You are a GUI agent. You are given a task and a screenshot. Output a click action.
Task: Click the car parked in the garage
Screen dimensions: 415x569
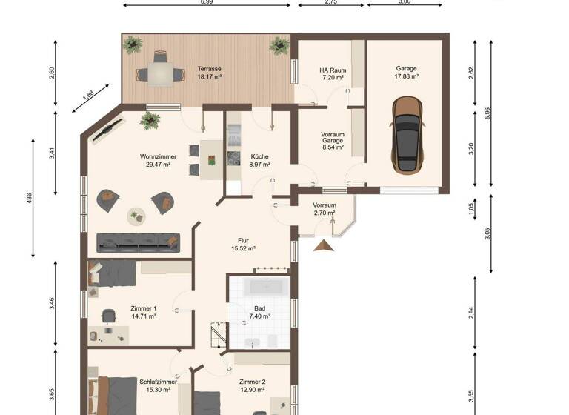tap(406, 136)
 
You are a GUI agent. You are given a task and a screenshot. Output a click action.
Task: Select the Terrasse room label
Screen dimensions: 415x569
tap(209, 68)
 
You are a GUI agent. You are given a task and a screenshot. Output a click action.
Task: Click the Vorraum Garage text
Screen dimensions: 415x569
tap(333, 140)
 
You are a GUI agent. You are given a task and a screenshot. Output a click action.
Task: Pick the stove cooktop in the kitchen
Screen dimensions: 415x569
tap(234, 158)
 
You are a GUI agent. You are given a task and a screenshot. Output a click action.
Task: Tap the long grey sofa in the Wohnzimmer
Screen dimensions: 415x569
tap(139, 242)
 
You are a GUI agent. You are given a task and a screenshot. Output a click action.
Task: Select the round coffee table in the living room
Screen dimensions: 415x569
tap(136, 216)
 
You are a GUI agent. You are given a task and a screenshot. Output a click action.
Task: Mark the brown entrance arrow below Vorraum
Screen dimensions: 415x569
tap(322, 245)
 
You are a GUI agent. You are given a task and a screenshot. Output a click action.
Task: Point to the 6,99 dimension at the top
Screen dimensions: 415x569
tap(207, 3)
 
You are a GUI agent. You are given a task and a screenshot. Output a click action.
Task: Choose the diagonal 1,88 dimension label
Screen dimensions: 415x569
tap(87, 94)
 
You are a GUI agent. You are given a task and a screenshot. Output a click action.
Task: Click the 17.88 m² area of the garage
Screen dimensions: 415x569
tap(406, 76)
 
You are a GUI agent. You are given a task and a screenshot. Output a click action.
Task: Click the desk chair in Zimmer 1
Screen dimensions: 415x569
tap(108, 316)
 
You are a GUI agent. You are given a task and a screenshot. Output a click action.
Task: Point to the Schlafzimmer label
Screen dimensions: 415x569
tap(156, 382)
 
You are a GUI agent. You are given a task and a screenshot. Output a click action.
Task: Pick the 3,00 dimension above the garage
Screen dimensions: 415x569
tap(404, 3)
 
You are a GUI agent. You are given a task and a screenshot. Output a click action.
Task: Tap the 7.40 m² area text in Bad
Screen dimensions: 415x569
tap(259, 316)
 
